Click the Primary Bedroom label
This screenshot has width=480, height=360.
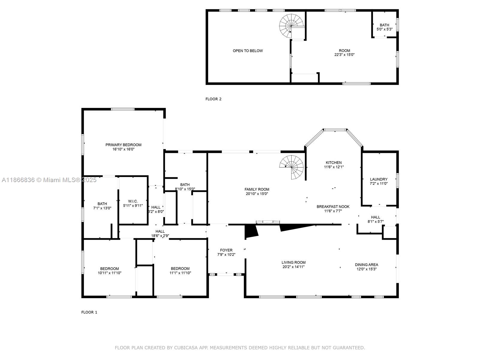(x=123, y=145)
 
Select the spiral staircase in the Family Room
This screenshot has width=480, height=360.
(x=292, y=166)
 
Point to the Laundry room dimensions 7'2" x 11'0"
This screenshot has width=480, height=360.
(x=379, y=184)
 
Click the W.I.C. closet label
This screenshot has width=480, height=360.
(x=133, y=201)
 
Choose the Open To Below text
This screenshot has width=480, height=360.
(x=247, y=51)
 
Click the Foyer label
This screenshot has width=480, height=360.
(x=226, y=250)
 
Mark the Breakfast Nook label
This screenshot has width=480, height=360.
(x=333, y=207)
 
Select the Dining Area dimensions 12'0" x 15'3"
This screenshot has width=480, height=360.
(x=366, y=269)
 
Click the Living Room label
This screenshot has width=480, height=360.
(x=293, y=262)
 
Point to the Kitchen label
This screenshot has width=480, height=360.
(x=334, y=163)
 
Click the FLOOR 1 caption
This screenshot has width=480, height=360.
(x=89, y=312)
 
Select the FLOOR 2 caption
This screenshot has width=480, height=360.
(x=213, y=99)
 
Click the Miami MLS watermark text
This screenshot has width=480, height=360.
(x=49, y=180)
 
